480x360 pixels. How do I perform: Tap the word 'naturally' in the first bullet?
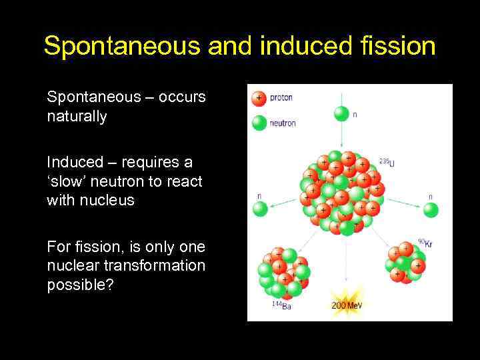[77, 116]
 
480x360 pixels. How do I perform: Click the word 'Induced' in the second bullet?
[70, 162]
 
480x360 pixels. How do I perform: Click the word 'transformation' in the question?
[159, 265]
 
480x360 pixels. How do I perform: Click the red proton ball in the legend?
[258, 99]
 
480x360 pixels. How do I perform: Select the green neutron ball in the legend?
[258, 123]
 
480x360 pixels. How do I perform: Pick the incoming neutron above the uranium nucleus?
[341, 114]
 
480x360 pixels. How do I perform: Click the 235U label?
[386, 162]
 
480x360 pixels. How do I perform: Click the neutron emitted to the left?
[259, 209]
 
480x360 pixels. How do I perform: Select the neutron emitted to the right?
[430, 210]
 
